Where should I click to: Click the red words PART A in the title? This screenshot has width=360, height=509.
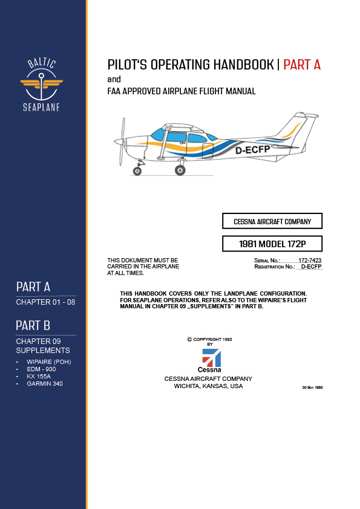(302, 65)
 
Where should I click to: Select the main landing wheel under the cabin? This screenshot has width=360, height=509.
(180, 170)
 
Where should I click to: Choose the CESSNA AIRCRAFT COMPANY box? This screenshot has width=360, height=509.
(272, 221)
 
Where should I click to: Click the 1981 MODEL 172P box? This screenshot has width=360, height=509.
(272, 244)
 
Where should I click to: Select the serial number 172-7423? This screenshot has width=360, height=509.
(310, 260)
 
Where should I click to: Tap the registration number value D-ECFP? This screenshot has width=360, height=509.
(311, 266)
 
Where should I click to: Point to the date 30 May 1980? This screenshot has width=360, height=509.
(312, 387)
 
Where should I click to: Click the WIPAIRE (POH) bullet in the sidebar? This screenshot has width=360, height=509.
(49, 362)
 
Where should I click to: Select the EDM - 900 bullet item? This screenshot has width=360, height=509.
(42, 369)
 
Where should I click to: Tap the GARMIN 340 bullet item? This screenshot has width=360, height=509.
(45, 383)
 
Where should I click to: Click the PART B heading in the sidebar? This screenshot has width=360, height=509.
(33, 326)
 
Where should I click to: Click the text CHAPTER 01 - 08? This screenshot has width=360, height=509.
(45, 302)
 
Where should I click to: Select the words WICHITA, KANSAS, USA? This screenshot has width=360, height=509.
(208, 386)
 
